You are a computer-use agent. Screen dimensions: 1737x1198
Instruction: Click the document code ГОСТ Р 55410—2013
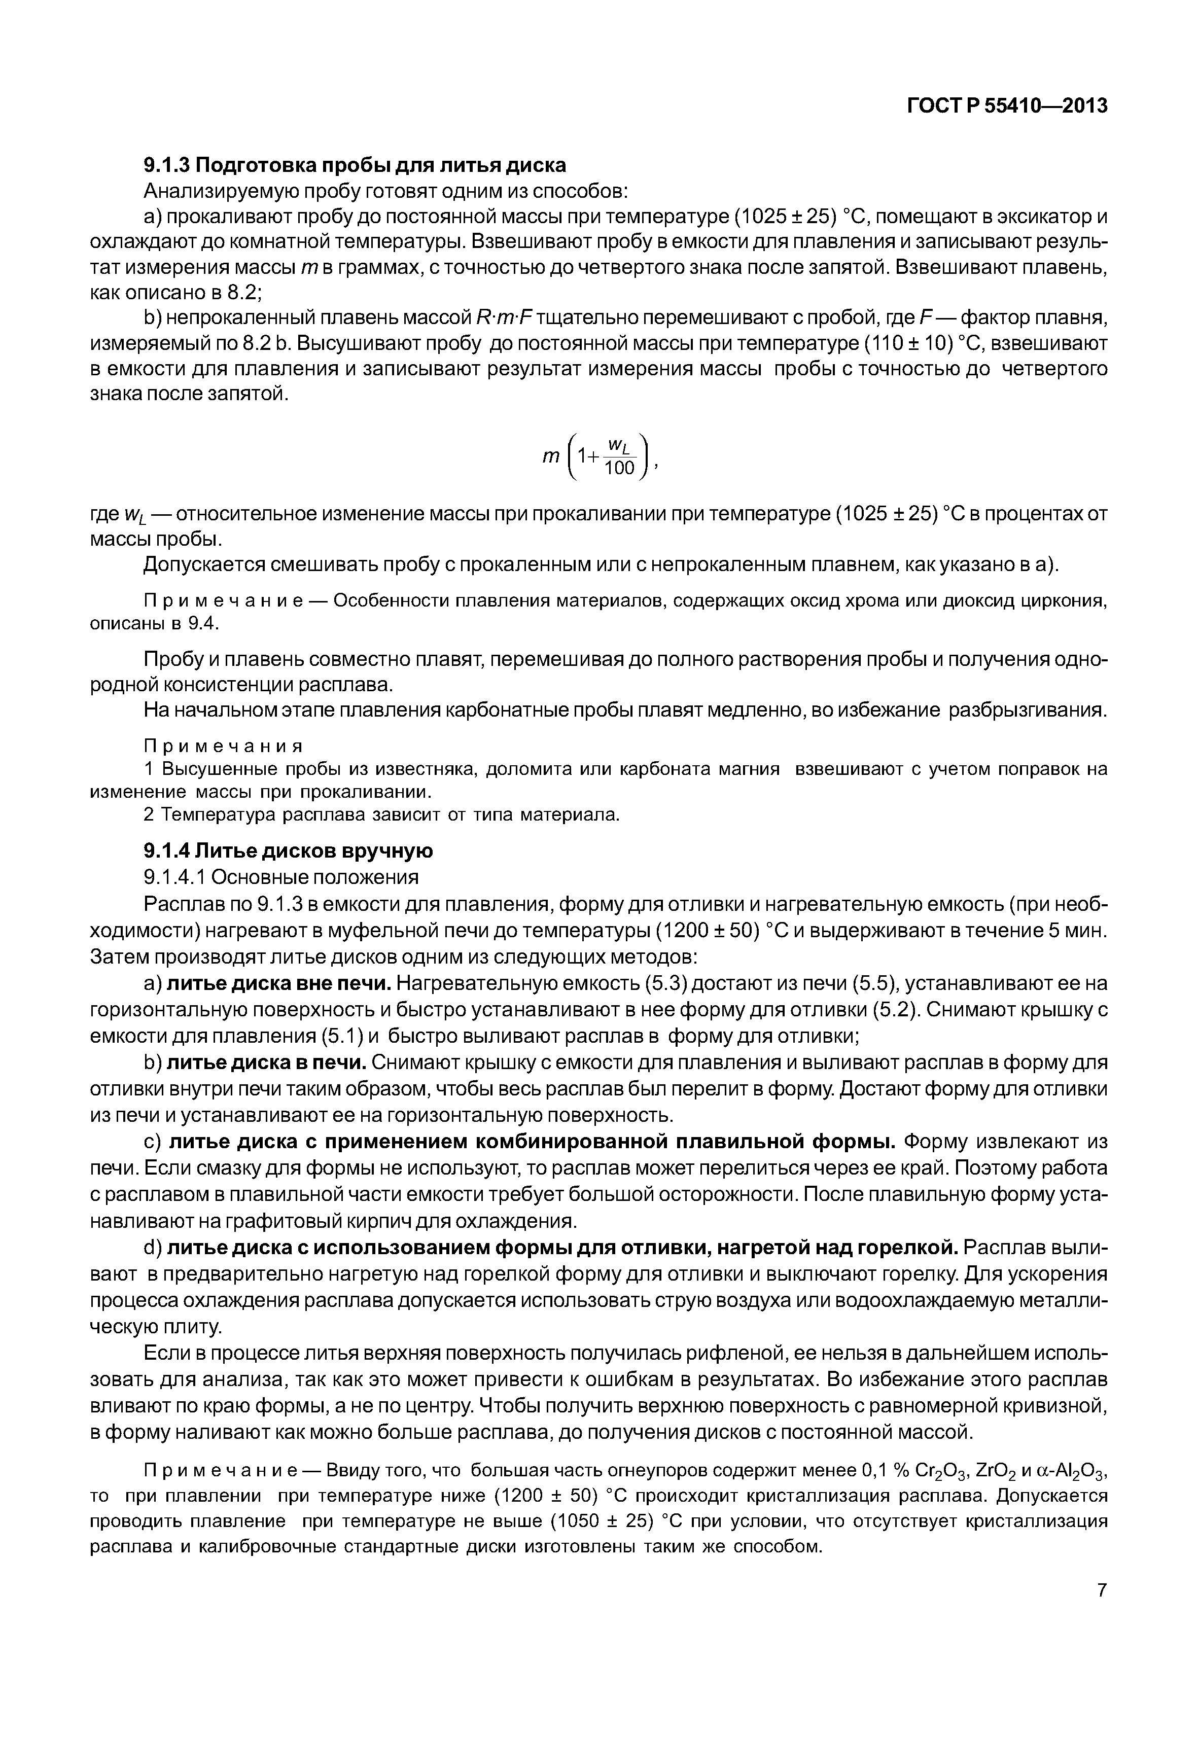(x=1007, y=107)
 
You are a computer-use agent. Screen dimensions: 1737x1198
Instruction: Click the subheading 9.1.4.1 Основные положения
(x=281, y=877)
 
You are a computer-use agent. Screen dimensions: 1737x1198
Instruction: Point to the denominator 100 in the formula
(x=620, y=469)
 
